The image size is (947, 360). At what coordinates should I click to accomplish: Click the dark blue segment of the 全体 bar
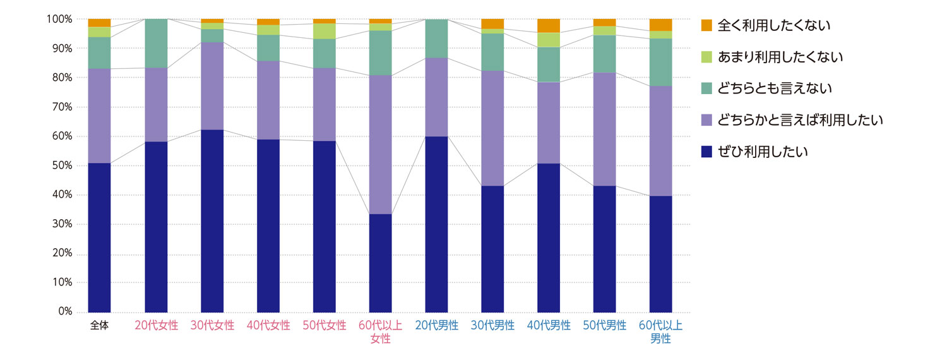99,237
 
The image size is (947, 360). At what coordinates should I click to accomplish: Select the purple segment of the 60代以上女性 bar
380,145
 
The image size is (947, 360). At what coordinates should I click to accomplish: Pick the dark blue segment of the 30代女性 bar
212,221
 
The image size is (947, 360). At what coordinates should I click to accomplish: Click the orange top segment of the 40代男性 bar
549,26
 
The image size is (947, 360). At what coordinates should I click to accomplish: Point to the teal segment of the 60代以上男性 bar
660,62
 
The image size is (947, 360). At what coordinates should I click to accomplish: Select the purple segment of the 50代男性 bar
604,129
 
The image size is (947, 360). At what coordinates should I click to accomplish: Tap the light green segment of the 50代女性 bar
324,31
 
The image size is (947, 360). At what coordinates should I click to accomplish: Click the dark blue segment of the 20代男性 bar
436,224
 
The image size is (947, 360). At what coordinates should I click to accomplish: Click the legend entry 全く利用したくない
773,25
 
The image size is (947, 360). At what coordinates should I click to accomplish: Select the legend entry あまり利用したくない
780,57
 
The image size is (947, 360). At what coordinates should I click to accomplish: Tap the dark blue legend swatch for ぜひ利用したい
707,152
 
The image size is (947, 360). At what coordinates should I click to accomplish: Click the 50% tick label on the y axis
61,166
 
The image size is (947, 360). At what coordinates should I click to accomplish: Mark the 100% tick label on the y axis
59,20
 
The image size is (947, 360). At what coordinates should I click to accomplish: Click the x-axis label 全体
99,327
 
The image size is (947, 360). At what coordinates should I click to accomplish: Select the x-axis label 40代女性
268,327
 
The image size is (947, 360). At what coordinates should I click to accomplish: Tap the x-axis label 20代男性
436,327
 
